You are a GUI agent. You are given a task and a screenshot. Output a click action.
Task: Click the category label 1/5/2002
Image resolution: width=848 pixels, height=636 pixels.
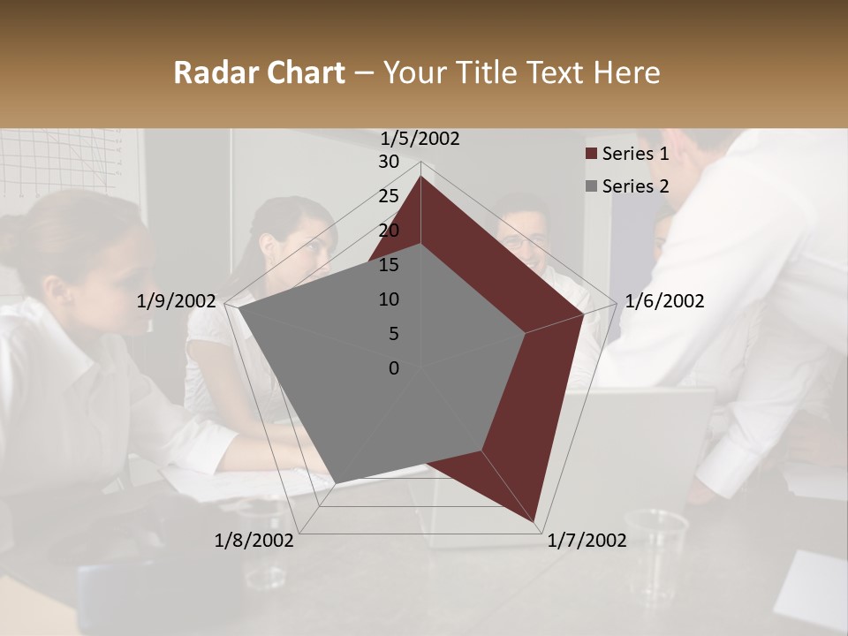(x=420, y=139)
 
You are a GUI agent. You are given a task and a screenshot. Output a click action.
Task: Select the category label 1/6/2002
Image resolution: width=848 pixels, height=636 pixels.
(x=664, y=301)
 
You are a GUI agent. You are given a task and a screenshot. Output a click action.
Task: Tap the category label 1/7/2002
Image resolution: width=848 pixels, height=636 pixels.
(x=587, y=541)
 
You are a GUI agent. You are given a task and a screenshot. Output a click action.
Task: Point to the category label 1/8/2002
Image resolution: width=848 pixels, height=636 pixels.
(x=254, y=541)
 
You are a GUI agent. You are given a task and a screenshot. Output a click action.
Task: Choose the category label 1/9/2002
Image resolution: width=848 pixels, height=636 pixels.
(x=177, y=301)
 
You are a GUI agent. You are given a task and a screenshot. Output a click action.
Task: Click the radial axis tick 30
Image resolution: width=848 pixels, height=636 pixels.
(x=389, y=162)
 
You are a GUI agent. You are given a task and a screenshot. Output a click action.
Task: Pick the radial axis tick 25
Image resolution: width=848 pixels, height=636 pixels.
(x=389, y=196)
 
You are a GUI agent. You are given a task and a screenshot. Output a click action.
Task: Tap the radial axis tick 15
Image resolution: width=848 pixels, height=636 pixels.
(x=389, y=265)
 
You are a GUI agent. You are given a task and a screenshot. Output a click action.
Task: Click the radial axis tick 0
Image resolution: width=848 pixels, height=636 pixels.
(x=394, y=368)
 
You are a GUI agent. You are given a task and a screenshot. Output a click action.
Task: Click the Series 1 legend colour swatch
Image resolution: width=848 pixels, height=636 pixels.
(x=591, y=154)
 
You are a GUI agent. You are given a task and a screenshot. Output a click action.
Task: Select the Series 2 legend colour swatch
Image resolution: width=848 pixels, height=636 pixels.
(x=591, y=186)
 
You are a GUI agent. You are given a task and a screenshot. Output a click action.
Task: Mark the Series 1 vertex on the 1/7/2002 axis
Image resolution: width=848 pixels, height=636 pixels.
(x=535, y=522)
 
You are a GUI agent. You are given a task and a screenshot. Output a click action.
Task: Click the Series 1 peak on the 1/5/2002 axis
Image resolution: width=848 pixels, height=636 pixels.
(x=420, y=176)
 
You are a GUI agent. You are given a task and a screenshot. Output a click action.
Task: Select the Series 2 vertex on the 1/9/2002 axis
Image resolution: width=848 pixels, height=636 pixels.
(x=238, y=308)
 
